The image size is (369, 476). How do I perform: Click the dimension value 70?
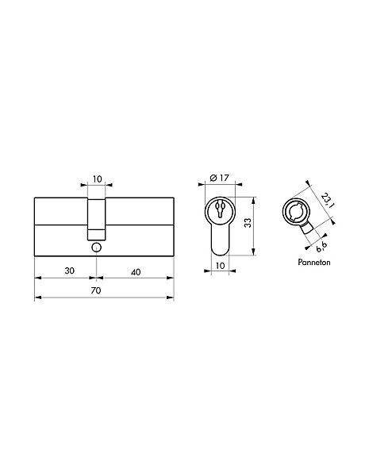(x=96, y=290)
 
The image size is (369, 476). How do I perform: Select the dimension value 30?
(x=70, y=271)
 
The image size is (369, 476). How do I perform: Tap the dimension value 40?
(x=136, y=272)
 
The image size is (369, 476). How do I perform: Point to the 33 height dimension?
(x=248, y=223)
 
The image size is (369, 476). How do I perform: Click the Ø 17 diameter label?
(x=219, y=178)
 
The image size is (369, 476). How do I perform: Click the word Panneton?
(x=314, y=262)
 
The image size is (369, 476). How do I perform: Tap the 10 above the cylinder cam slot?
(x=97, y=179)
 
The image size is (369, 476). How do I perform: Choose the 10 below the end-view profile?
(x=220, y=266)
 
